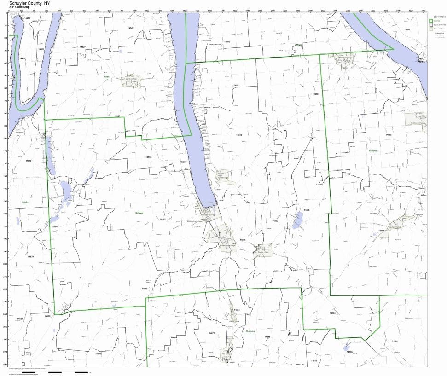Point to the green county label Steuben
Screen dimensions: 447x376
[x=25, y=202]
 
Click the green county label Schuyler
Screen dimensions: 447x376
[x=139, y=214]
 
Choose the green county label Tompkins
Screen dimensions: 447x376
[x=373, y=151]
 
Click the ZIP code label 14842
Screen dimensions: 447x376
[x=130, y=29]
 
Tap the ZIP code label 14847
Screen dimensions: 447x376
[x=279, y=34]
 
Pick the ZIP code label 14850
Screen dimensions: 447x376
[x=388, y=135]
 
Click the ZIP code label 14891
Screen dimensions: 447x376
[x=163, y=220]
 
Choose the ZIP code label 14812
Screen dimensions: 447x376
[x=144, y=289]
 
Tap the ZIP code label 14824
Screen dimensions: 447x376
[x=332, y=313]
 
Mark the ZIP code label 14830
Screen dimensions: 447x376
[x=98, y=353]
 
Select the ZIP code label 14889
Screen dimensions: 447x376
[x=275, y=221]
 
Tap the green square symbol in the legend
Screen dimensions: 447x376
[x=431, y=21]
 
